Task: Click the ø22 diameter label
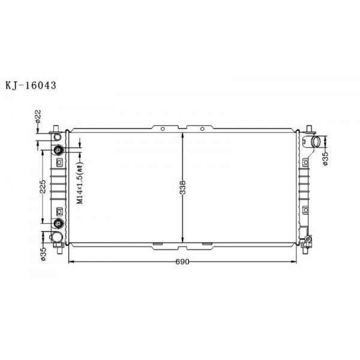click(x=37, y=115)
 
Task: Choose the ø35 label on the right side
click(x=325, y=158)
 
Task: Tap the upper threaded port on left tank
click(x=59, y=150)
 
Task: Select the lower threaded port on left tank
click(x=59, y=224)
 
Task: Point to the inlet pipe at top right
click(x=315, y=143)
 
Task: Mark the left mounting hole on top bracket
click(x=163, y=128)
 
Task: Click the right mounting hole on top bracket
click(x=202, y=128)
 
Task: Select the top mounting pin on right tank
click(x=309, y=128)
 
